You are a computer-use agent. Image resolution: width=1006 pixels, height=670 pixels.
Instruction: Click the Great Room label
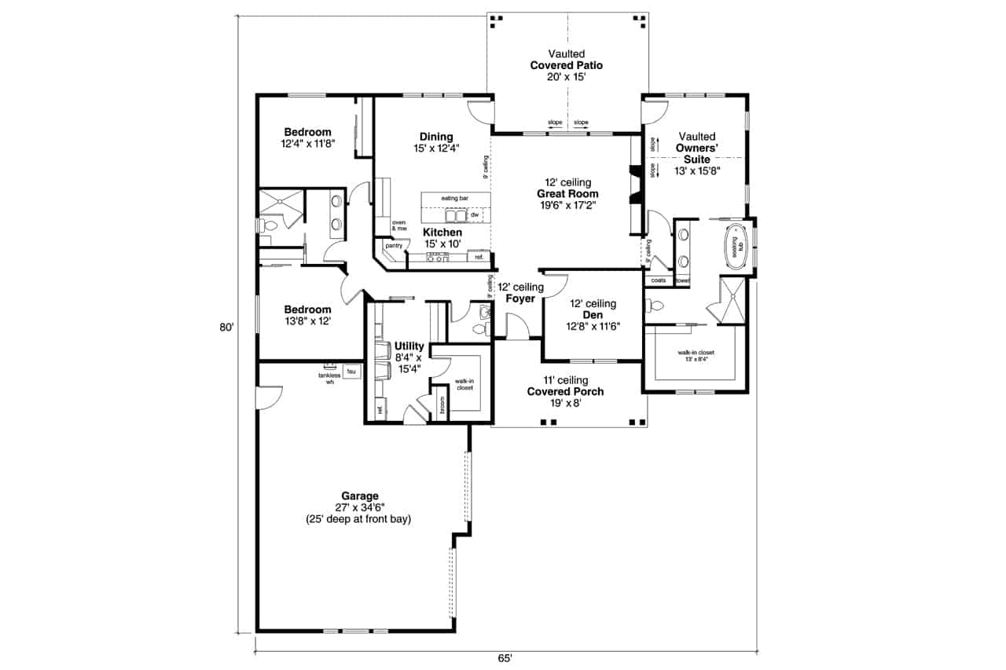567,194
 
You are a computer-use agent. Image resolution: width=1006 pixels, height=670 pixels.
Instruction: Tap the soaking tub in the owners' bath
736,247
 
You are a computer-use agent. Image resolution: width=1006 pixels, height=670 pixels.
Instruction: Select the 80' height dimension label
227,328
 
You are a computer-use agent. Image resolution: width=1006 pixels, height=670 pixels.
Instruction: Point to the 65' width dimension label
505,657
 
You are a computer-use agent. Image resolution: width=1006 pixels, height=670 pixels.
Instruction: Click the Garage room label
360,496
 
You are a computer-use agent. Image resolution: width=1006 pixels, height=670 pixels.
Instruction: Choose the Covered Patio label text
566,65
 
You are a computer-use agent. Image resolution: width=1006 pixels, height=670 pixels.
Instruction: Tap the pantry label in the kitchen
394,246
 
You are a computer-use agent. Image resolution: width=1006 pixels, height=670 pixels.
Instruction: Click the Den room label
593,315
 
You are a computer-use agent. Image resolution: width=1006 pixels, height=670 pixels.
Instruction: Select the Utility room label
409,346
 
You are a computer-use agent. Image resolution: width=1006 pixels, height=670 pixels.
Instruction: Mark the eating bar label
455,198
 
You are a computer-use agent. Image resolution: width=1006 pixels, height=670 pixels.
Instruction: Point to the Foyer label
520,298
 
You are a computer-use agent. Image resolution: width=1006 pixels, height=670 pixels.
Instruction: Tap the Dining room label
436,137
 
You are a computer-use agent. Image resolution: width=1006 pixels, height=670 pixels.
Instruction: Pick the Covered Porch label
565,391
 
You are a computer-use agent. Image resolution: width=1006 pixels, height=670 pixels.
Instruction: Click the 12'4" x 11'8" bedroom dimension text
308,144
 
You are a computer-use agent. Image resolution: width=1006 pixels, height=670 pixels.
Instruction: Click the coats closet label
659,280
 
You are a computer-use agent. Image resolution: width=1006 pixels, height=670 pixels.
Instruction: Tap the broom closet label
442,408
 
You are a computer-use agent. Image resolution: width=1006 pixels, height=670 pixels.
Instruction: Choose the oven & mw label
398,225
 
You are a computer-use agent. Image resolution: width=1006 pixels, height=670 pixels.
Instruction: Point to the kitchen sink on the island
455,215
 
